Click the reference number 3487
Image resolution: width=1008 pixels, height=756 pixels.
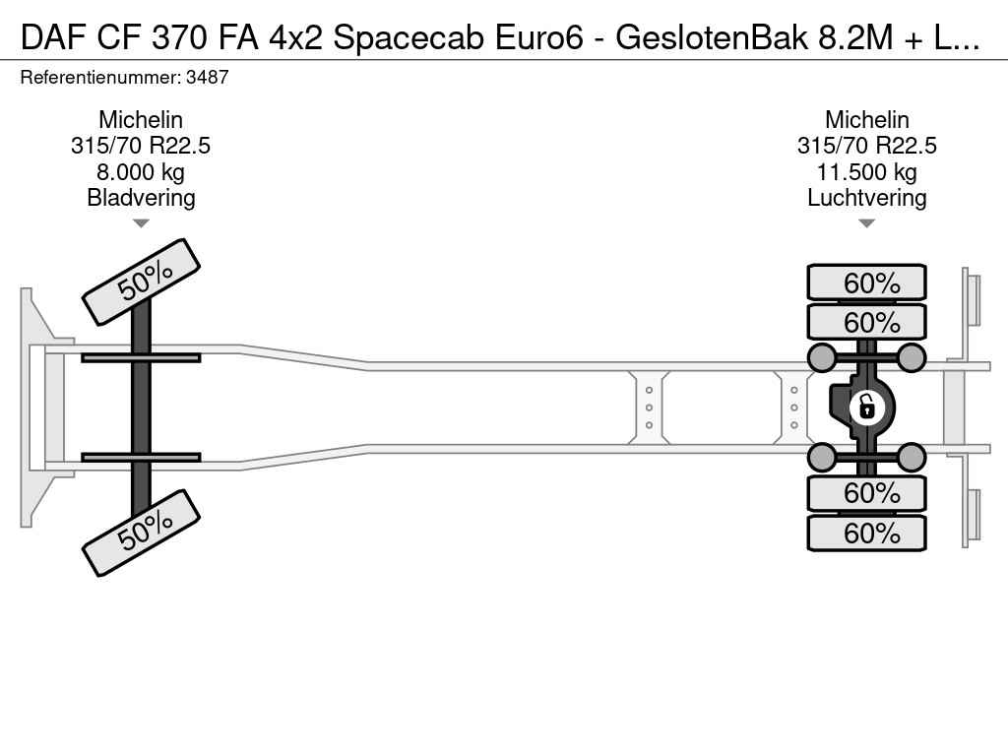pos(207,77)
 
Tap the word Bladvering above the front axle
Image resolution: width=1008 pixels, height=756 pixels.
pos(141,197)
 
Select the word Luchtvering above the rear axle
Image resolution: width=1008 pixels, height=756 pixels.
pos(866,197)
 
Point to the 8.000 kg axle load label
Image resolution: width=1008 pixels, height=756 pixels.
pos(141,171)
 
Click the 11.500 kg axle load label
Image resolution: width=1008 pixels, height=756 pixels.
pos(866,171)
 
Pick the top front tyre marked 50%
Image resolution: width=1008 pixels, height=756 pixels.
pos(142,283)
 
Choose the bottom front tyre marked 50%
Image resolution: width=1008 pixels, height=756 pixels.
pos(142,533)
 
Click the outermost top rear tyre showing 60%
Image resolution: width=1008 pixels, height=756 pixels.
pos(866,283)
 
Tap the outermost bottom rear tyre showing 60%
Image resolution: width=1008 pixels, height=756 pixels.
pos(866,533)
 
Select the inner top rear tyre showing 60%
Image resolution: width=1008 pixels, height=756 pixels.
pos(866,322)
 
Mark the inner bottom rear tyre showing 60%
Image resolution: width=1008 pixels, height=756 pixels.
pos(866,493)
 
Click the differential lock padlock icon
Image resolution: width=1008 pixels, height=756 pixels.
pos(866,407)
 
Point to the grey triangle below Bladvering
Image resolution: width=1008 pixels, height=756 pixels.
pos(141,223)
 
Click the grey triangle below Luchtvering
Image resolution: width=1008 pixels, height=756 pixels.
pos(866,223)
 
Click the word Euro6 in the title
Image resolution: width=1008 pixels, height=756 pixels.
pos(538,38)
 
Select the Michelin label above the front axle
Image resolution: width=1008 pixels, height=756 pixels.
pos(141,119)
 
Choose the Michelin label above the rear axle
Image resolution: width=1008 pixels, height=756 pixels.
pos(866,119)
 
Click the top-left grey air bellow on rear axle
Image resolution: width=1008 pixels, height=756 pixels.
pos(822,357)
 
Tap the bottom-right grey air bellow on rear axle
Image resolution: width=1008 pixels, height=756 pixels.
pos(911,457)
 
